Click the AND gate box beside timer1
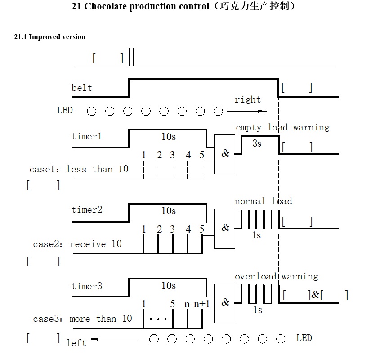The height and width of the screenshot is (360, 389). (x=225, y=154)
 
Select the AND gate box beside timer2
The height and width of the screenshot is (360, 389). (x=225, y=228)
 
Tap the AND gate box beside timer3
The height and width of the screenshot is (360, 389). (x=225, y=303)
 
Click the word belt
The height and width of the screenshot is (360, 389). (x=82, y=88)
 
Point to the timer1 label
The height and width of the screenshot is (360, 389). (x=87, y=136)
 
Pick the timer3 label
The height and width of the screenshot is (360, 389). (x=87, y=286)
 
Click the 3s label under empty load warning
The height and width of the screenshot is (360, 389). (x=256, y=144)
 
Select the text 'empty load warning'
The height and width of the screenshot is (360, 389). (x=282, y=127)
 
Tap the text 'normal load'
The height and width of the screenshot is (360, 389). (x=263, y=201)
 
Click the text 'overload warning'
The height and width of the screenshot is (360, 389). (x=276, y=276)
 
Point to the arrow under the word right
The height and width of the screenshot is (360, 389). (x=247, y=111)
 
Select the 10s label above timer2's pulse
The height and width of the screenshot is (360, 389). (x=169, y=211)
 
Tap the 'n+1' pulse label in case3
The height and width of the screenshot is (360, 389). (x=202, y=304)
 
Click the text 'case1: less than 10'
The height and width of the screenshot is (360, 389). (x=79, y=169)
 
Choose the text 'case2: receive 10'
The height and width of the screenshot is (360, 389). (x=77, y=244)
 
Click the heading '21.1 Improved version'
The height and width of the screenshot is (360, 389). (x=49, y=37)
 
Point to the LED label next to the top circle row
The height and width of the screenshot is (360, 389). (x=65, y=110)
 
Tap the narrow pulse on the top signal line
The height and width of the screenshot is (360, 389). (x=131, y=56)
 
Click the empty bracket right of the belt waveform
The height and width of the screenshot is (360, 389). (x=297, y=88)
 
